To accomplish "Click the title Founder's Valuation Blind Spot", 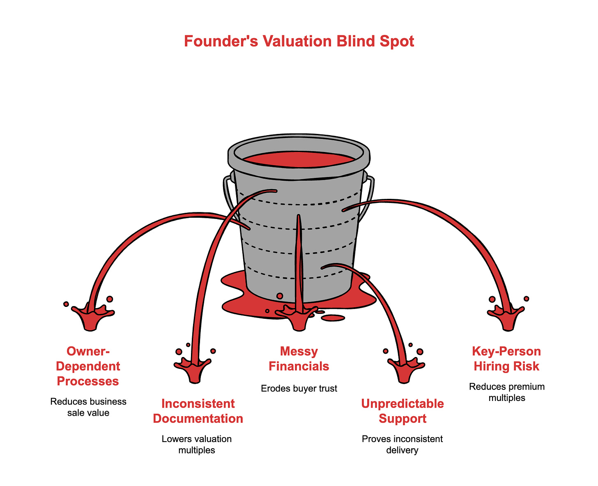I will pyautogui.click(x=299, y=41).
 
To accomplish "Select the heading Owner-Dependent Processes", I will pyautogui.click(x=88, y=366).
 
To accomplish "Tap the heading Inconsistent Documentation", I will pyautogui.click(x=198, y=411).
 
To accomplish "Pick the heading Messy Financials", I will pyautogui.click(x=299, y=359).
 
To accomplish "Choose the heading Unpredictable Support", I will pyautogui.click(x=402, y=411).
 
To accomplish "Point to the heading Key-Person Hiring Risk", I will pyautogui.click(x=506, y=359).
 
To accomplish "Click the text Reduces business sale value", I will pyautogui.click(x=88, y=407).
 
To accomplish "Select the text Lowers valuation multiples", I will pyautogui.click(x=197, y=445).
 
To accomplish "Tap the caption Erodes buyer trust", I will pyautogui.click(x=299, y=388).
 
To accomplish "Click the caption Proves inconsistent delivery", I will pyautogui.click(x=402, y=445).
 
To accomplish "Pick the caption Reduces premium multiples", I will pyautogui.click(x=507, y=392).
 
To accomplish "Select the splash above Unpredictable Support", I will pyautogui.click(x=406, y=369).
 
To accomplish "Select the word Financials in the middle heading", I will pyautogui.click(x=299, y=366).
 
